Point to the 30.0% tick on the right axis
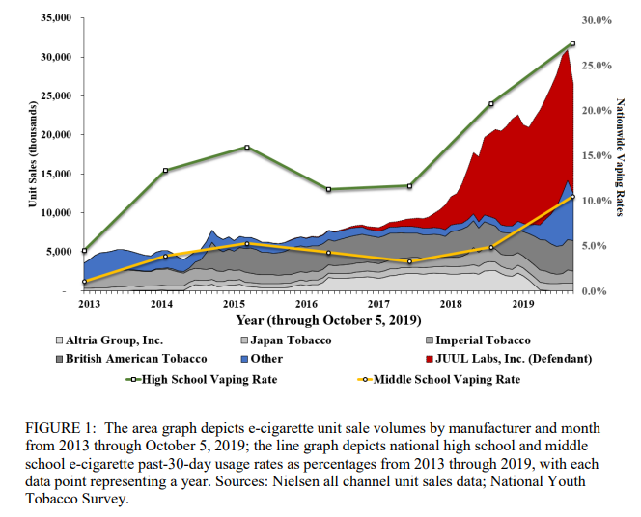(x=599, y=19)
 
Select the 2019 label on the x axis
(x=523, y=304)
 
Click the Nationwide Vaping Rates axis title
(x=619, y=154)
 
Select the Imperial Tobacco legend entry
(x=483, y=340)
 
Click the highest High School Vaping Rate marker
(x=572, y=43)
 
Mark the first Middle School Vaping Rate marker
(x=85, y=282)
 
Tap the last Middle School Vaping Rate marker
(x=572, y=197)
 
